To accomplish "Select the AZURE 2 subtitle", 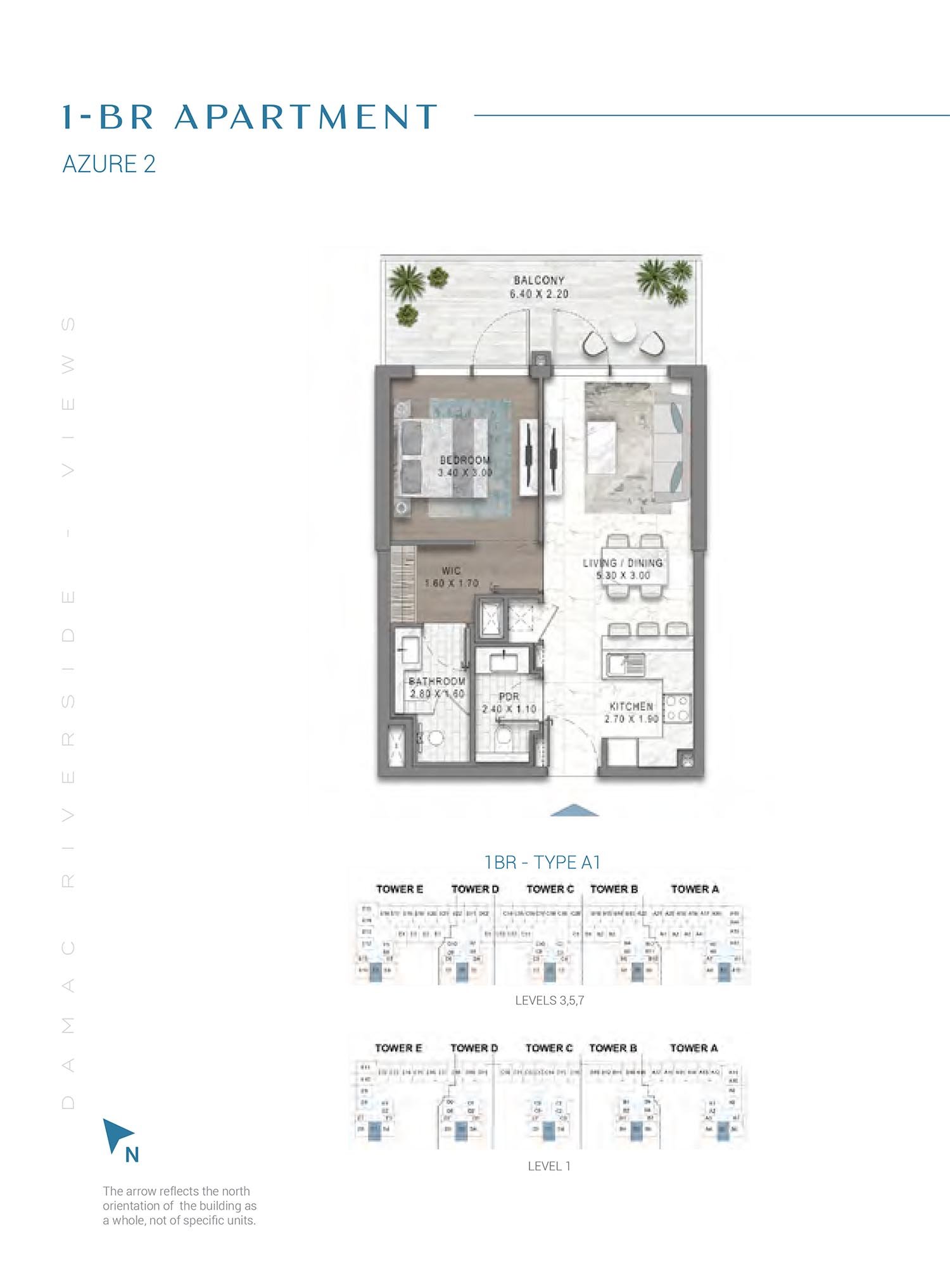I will (x=109, y=164).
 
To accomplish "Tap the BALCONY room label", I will (x=539, y=280).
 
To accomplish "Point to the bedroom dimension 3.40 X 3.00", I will (x=464, y=473).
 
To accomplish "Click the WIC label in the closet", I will (x=451, y=571).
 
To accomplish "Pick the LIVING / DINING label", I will (x=623, y=562).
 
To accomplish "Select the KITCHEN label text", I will (x=631, y=706).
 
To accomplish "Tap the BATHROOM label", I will (x=437, y=681).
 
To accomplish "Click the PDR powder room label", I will (x=509, y=697).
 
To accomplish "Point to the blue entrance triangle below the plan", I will (x=574, y=810).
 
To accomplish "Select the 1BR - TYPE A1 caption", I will (x=542, y=862).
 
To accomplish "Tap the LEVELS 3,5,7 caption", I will (x=549, y=1000).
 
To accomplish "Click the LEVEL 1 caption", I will (x=549, y=1165).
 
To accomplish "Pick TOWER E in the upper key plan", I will (x=399, y=889).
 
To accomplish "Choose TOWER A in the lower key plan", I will (x=693, y=1048).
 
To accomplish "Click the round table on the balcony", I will (x=623, y=333).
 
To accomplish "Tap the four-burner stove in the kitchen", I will (x=677, y=708).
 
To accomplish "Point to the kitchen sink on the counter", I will (x=625, y=665).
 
